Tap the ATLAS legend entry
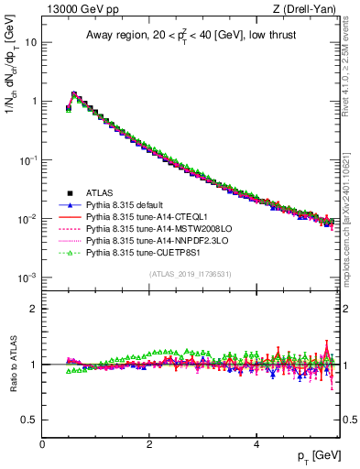pyautogui.click(x=99, y=193)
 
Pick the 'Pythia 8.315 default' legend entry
pyautogui.click(x=126, y=205)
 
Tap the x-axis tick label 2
pyautogui.click(x=149, y=443)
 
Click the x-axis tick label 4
pyautogui.click(x=256, y=443)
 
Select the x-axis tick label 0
pyautogui.click(x=42, y=443)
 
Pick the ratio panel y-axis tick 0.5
pyautogui.click(x=28, y=420)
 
